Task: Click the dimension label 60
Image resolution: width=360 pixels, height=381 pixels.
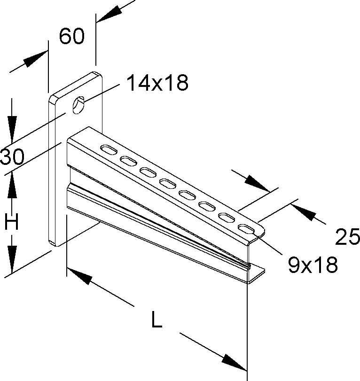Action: (x=71, y=37)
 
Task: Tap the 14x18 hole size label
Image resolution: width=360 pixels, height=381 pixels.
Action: (x=157, y=83)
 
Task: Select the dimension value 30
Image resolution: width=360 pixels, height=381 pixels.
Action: (x=12, y=157)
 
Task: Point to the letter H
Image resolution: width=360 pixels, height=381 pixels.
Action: (x=11, y=222)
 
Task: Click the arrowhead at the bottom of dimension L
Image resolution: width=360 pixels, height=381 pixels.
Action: (x=234, y=362)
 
